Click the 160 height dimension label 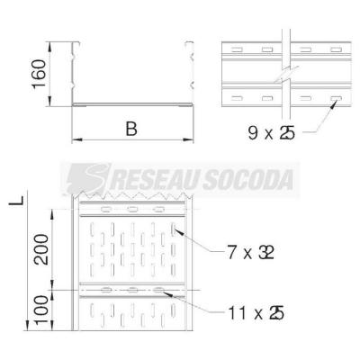[x=40, y=74]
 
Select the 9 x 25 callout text [x=271, y=132]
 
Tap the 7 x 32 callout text [x=251, y=253]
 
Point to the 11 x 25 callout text [x=256, y=313]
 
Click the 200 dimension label [x=40, y=249]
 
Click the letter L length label [x=16, y=199]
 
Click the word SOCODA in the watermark [x=249, y=180]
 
